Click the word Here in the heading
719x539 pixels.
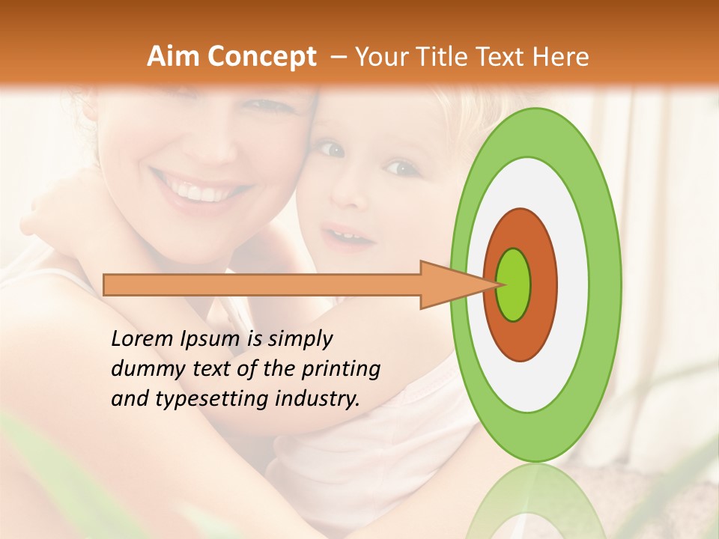(561, 57)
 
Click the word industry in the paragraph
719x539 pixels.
(317, 399)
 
